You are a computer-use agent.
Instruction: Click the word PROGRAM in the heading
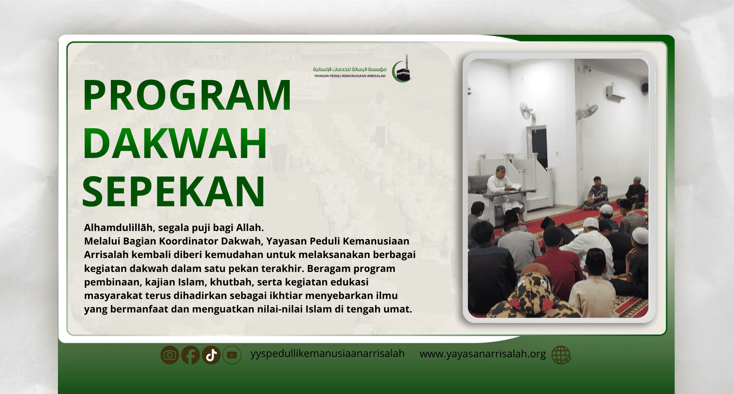coord(187,95)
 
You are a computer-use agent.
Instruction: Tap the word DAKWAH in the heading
coord(175,143)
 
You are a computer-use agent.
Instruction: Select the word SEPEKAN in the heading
coord(173,192)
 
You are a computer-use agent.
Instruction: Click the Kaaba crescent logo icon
coord(402,69)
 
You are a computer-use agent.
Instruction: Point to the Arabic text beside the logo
coord(350,69)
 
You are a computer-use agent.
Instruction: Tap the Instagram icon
coord(170,355)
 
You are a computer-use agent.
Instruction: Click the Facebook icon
coord(190,355)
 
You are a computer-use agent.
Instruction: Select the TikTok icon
coord(211,355)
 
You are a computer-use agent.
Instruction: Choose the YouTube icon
coord(232,355)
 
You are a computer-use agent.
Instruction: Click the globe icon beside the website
coord(561,355)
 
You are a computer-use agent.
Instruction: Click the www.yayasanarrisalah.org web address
coord(483,354)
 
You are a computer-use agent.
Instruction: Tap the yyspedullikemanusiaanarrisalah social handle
coord(328,354)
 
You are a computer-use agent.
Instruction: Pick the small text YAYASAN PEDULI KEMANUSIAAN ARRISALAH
coord(350,76)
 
